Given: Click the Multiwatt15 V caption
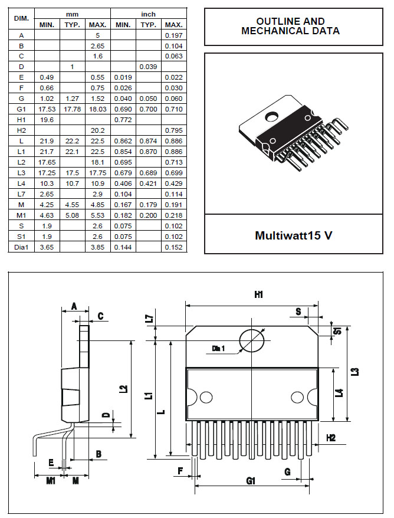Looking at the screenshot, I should [293, 235].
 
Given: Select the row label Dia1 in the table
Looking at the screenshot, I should [21, 247].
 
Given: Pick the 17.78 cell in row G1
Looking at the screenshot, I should [72, 110].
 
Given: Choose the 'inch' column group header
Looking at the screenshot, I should [148, 13].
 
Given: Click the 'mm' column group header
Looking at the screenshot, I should [72, 13].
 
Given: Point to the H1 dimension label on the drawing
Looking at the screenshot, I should [258, 295].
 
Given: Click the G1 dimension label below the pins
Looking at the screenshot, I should [251, 481].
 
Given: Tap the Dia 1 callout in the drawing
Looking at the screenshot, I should [219, 349].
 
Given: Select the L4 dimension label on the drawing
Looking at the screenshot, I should [339, 392].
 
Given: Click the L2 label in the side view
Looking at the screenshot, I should [123, 389].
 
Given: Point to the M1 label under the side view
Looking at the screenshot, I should [51, 481].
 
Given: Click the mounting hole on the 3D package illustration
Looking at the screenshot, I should [272, 117].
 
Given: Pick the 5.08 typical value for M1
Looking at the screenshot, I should [72, 216].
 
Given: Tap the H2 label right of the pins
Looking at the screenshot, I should [331, 438].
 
